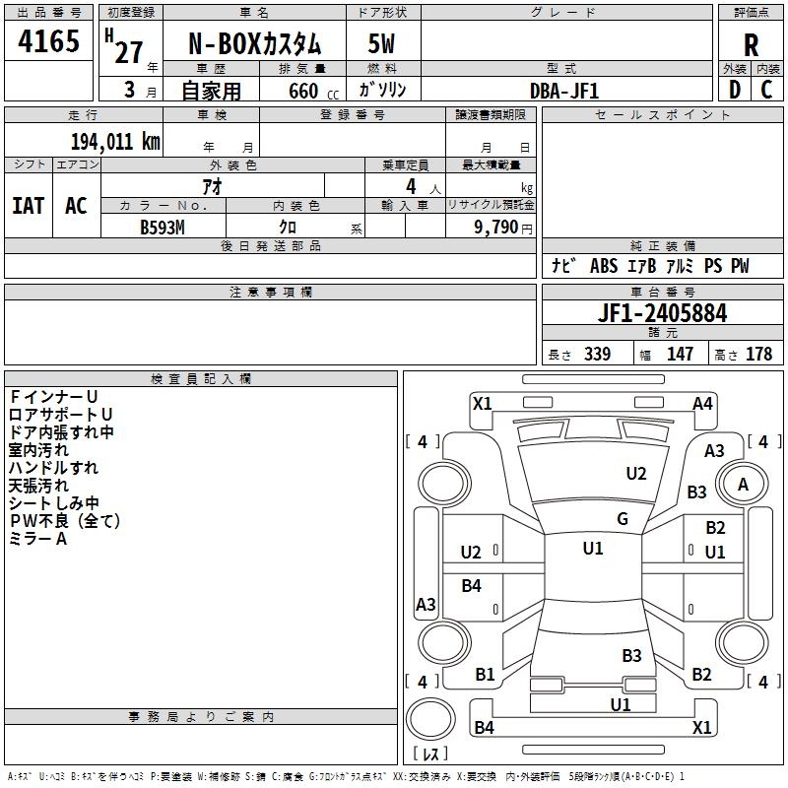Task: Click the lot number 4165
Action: [49, 42]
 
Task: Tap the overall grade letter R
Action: [751, 44]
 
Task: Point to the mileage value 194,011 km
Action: [115, 141]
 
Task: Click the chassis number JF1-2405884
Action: [663, 313]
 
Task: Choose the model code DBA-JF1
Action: [564, 90]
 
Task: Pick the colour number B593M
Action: [162, 226]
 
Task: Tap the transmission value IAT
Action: [28, 206]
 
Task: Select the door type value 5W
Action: [382, 44]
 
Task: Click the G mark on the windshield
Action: [622, 519]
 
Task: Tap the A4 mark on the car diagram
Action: [702, 403]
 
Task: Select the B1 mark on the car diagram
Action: [485, 674]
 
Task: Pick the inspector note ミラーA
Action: [37, 539]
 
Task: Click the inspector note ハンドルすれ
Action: [53, 468]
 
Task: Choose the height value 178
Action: [758, 355]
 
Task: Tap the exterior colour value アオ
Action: [211, 185]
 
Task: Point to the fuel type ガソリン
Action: [381, 90]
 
